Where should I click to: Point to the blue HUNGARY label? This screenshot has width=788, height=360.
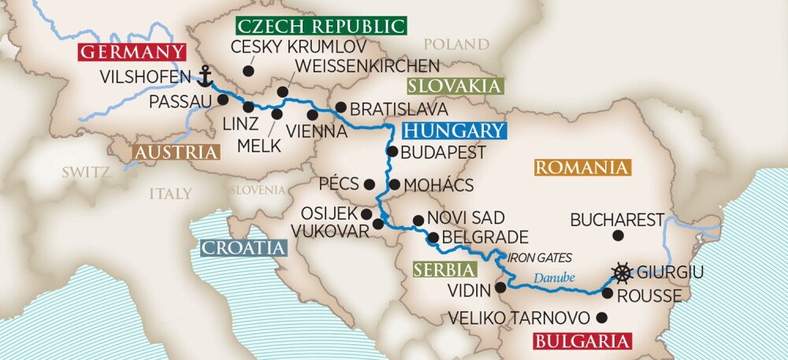(452, 131)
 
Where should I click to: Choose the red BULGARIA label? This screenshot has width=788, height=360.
(583, 341)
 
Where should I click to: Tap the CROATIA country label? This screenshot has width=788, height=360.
(243, 248)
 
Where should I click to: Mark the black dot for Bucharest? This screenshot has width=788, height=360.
(617, 236)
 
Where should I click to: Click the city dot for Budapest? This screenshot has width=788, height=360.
(392, 151)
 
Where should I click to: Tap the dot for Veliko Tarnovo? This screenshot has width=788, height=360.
(603, 318)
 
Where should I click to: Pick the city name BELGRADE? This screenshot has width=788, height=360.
(485, 237)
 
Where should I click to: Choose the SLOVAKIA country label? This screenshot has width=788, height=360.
(455, 86)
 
